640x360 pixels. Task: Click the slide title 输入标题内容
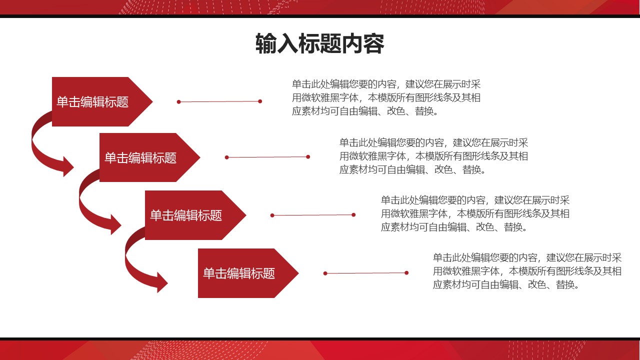[x=319, y=44]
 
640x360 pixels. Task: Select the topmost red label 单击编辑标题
[x=93, y=101]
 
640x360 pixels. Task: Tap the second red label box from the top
[x=141, y=157]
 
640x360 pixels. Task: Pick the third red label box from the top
[x=186, y=215]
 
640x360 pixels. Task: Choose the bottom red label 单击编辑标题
[x=239, y=273]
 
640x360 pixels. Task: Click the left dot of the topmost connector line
[x=178, y=102]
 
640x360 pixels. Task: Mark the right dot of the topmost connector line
[x=260, y=101]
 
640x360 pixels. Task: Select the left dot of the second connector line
[x=226, y=157]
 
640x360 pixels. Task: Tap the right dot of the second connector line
[x=308, y=156]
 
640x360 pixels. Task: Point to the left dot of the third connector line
[x=272, y=215]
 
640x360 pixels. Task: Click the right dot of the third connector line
[x=353, y=215]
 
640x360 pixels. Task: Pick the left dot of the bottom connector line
[x=325, y=273]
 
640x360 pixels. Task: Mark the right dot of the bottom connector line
[x=406, y=272]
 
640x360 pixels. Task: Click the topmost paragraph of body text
[x=386, y=97]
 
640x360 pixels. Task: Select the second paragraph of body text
[x=433, y=156]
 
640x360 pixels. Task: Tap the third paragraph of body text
[x=475, y=213]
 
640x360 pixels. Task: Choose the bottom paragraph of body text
[x=527, y=271]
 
